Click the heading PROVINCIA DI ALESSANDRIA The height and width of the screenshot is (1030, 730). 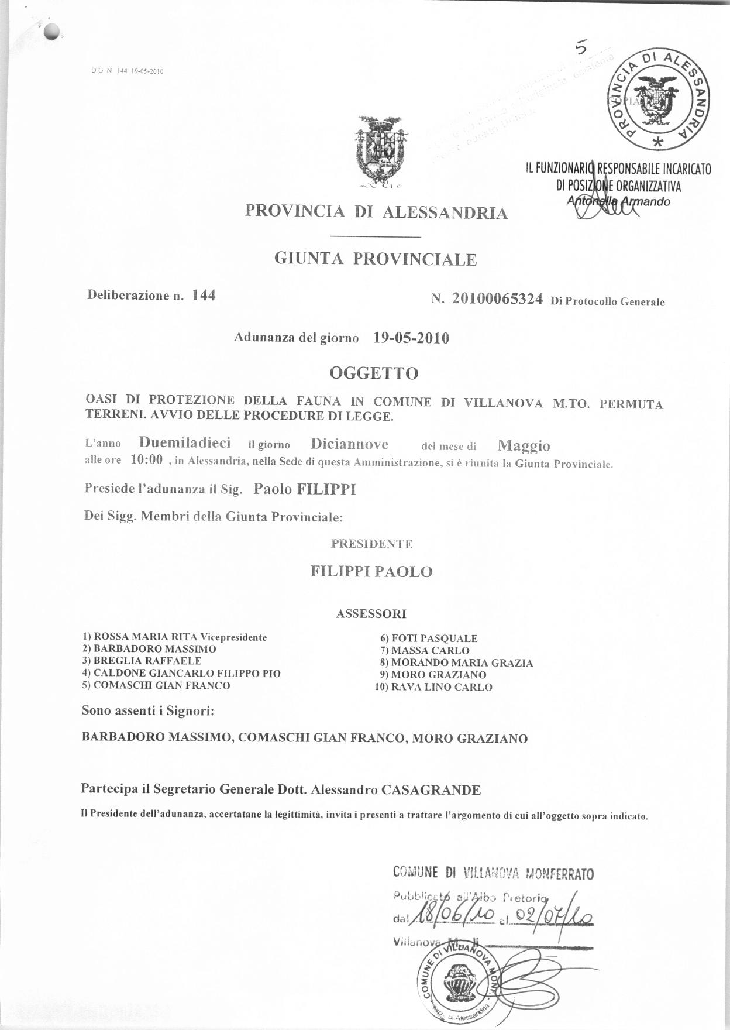(x=376, y=211)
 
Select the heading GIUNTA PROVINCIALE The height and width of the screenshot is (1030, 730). (x=376, y=259)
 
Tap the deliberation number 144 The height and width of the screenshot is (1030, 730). (x=204, y=296)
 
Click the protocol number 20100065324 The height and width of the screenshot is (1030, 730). (x=498, y=300)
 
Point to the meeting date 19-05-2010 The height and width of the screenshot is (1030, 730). (x=411, y=338)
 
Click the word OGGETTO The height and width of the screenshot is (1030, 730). (x=374, y=373)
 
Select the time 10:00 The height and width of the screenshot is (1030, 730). (x=146, y=459)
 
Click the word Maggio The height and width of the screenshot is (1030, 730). (x=524, y=445)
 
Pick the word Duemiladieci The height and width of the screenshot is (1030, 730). (x=185, y=443)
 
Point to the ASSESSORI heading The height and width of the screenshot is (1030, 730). (x=371, y=614)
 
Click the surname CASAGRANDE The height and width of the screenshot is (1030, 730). (x=431, y=790)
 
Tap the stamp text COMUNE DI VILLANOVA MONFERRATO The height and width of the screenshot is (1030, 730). (x=493, y=874)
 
